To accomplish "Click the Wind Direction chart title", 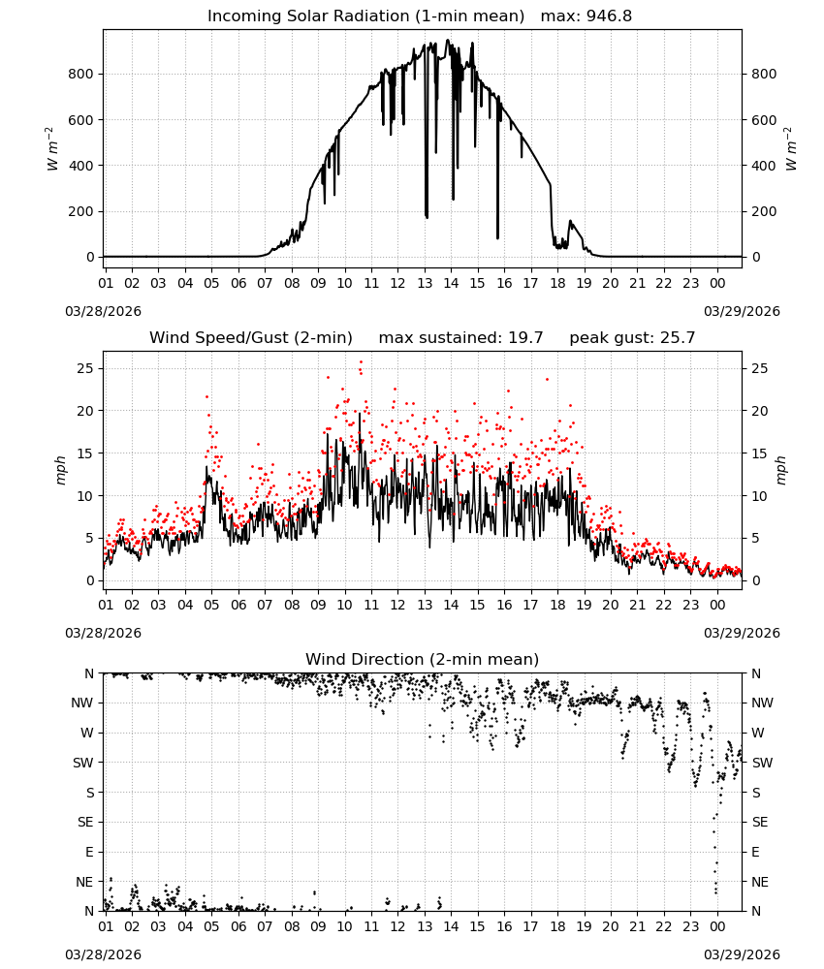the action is click(x=423, y=659).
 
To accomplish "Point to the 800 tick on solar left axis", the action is click(x=81, y=75).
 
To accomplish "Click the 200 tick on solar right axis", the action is click(x=764, y=211).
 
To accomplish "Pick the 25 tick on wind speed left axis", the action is click(x=85, y=368).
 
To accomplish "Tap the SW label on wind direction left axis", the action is click(x=82, y=763).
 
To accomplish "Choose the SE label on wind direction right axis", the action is click(x=760, y=822).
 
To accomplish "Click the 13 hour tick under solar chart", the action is click(x=425, y=283).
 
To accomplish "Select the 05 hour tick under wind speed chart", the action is click(x=211, y=605).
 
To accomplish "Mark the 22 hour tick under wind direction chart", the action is click(x=664, y=926).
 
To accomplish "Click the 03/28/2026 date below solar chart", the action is click(x=103, y=311).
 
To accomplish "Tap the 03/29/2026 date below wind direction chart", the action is click(x=742, y=954).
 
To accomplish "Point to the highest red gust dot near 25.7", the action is click(x=361, y=362).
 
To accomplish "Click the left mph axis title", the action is click(x=60, y=470).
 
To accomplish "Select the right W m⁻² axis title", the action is click(x=791, y=149).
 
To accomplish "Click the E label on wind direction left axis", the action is click(x=89, y=852).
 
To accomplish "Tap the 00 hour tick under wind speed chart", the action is click(x=717, y=605).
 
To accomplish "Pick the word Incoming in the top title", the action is click(x=244, y=16).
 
